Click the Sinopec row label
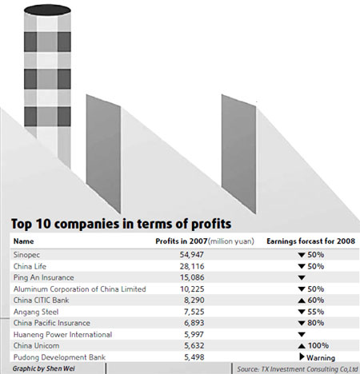[27, 253]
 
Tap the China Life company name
[30, 265]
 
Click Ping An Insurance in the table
[42, 277]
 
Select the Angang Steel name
[35, 312]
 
